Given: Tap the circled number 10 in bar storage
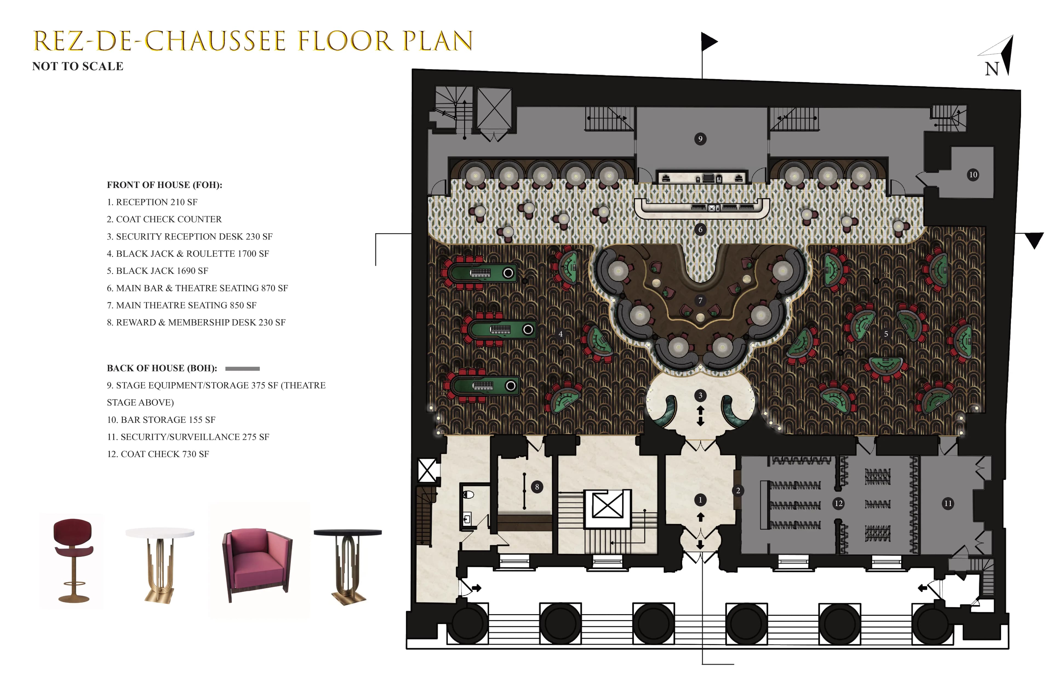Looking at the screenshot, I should pos(973,175).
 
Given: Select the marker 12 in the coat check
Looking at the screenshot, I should pos(838,503).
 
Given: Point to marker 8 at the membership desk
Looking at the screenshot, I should pos(537,487).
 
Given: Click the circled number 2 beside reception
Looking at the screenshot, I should pos(738,491).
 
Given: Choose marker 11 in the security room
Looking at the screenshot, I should pos(948,503).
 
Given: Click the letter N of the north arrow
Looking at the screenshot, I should pos(991,69).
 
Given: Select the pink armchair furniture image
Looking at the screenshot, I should pos(258,562).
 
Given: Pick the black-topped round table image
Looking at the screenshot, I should pos(348,564).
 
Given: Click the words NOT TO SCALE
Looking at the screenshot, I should pos(78,66).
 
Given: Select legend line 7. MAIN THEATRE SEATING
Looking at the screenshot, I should pos(181,305).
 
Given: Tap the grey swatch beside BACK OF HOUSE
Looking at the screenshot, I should pos(242,368).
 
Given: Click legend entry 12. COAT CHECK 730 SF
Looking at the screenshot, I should pos(158,454).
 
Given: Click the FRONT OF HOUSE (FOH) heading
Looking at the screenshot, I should pos(164,185).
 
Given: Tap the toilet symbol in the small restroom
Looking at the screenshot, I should pos(468,494).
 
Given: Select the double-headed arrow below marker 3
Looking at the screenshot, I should pos(700,416).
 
